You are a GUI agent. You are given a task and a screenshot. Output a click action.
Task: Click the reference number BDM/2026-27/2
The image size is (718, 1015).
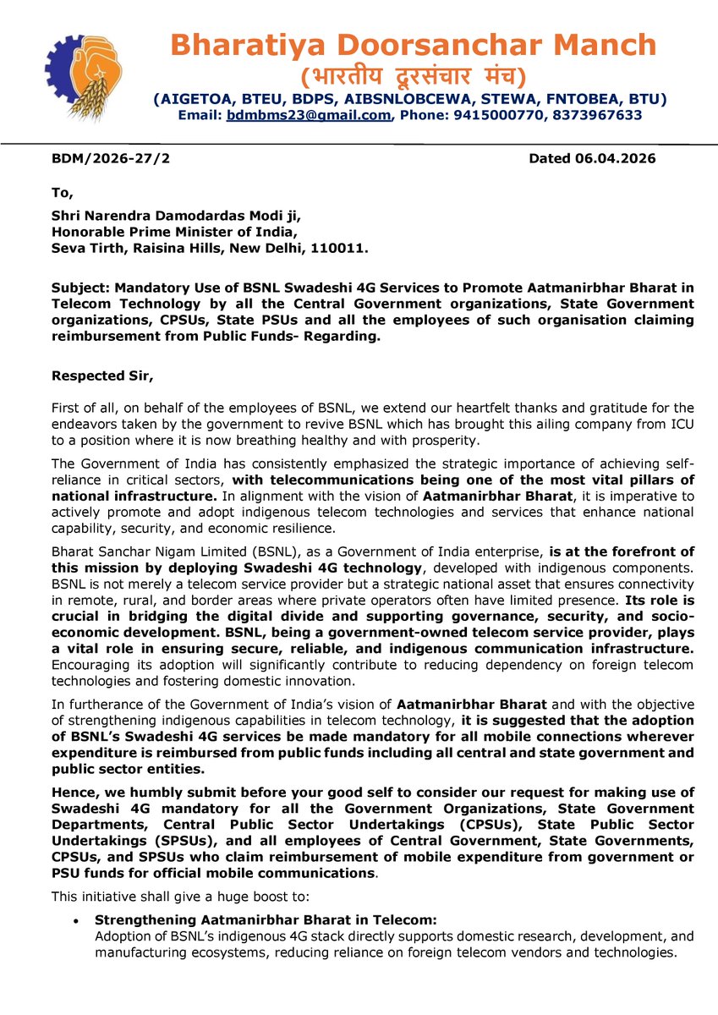(111, 158)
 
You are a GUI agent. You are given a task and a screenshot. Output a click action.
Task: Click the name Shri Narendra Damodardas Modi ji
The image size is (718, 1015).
(174, 216)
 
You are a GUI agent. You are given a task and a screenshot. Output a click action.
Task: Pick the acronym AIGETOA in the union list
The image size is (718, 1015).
(189, 99)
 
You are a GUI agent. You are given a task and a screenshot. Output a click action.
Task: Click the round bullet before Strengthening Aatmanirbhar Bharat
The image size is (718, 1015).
(77, 920)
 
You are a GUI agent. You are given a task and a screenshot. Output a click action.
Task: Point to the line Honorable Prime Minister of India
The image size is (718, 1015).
(174, 232)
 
